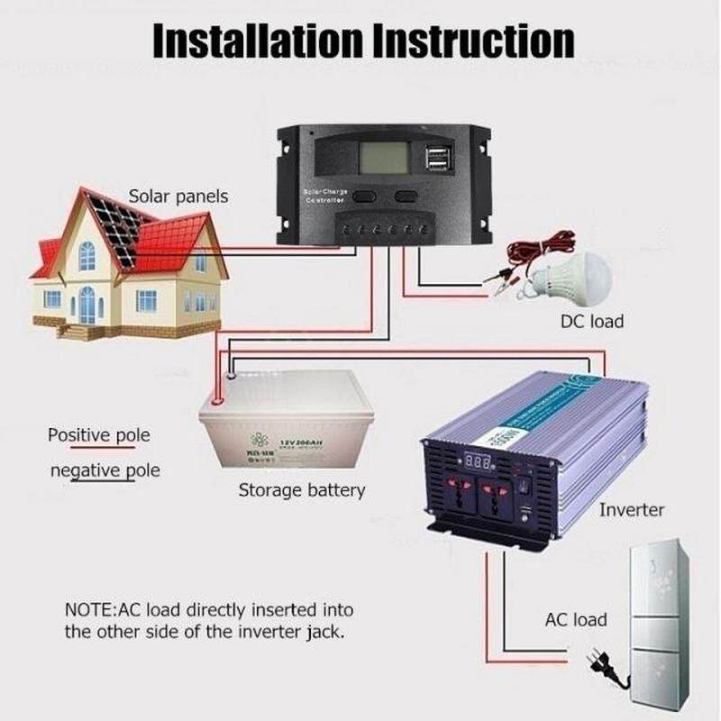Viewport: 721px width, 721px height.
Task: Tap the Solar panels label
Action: [x=178, y=196]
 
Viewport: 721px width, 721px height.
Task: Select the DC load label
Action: [x=591, y=321]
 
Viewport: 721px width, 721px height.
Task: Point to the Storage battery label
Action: [x=301, y=490]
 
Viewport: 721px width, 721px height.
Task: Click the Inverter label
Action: [x=632, y=510]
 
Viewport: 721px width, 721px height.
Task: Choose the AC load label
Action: [x=576, y=620]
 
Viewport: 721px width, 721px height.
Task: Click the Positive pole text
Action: [x=98, y=435]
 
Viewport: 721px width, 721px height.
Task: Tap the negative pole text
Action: [x=105, y=470]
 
